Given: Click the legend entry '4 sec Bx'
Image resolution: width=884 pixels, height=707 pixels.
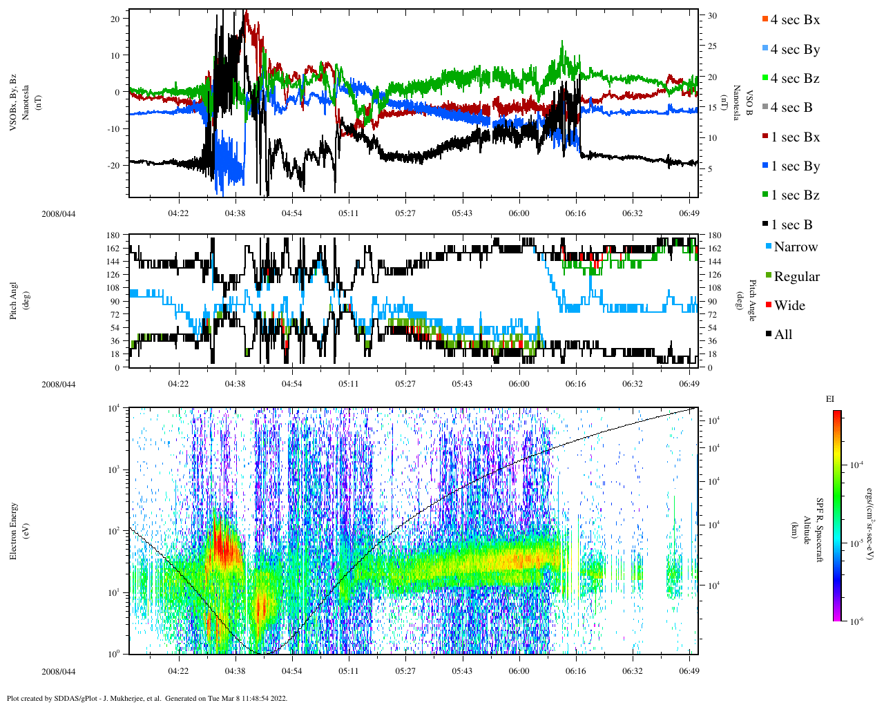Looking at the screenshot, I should point(795,20).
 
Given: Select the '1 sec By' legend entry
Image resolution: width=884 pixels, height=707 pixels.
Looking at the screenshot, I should point(795,166).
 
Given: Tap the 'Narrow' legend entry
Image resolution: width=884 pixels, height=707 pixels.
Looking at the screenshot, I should point(795,247).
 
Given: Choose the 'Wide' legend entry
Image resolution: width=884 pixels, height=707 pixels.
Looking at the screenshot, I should point(789,306).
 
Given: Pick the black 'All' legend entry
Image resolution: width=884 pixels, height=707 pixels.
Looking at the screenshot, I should point(782,335).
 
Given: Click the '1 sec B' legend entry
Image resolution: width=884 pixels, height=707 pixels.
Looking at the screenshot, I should point(791,225).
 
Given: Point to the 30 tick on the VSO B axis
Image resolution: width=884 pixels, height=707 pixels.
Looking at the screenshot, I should point(712,16).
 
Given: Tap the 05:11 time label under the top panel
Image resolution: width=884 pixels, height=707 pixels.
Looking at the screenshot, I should point(349,213).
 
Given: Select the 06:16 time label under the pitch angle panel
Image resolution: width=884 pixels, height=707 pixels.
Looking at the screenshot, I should point(575,384).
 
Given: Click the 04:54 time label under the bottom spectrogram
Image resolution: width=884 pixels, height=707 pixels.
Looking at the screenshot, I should point(292,671).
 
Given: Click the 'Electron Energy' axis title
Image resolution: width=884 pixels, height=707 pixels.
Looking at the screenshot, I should point(13,530).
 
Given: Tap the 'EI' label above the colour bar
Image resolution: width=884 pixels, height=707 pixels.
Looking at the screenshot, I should point(830,399).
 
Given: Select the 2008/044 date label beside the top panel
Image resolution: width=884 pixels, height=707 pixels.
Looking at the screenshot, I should point(59,213).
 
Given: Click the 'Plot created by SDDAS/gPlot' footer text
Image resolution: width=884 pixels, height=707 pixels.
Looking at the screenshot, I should point(147,698).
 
